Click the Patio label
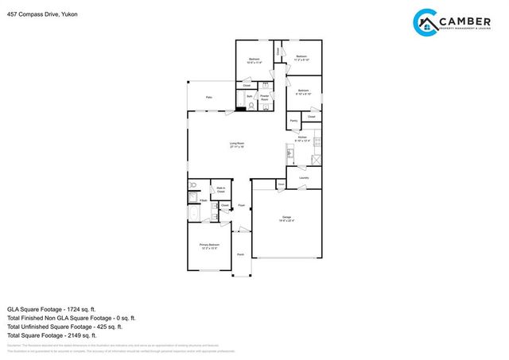click(209, 97)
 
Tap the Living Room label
click(237, 145)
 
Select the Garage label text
click(286, 219)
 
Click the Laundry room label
click(304, 178)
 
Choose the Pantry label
click(293, 121)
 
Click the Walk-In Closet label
click(221, 191)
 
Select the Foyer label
click(240, 204)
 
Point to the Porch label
click(240, 255)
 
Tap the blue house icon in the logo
click(426, 24)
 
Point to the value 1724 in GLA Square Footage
click(80, 308)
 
